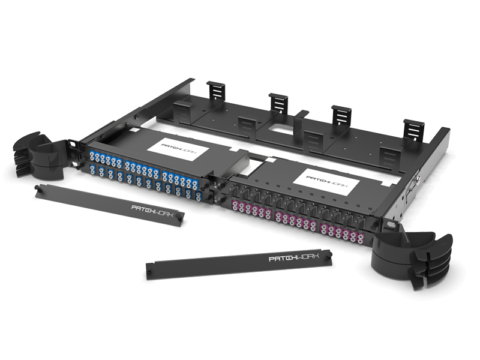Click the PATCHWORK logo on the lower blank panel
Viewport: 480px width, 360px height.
(294, 257)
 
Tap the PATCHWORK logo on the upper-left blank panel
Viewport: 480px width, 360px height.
(152, 211)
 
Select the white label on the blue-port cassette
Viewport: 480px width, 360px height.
(178, 149)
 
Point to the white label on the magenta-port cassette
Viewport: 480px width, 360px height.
(326, 182)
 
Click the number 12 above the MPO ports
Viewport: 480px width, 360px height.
(361, 217)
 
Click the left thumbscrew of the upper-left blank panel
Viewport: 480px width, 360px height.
(37, 187)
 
